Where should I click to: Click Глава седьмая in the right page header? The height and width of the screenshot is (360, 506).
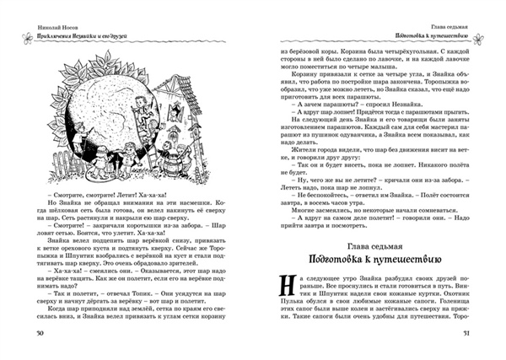(450, 26)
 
